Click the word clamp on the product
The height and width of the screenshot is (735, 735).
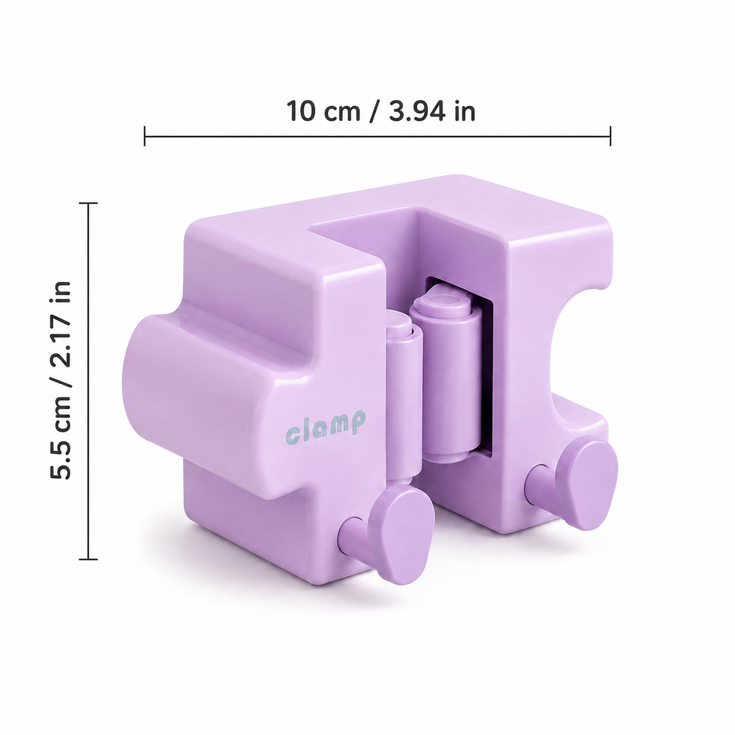(x=326, y=426)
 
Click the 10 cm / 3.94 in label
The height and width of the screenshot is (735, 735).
(x=381, y=111)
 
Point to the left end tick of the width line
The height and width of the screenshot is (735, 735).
(x=145, y=136)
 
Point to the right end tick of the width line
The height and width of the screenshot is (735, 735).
(x=611, y=136)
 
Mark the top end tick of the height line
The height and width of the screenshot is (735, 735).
(x=89, y=203)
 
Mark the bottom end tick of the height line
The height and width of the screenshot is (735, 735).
(x=89, y=560)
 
